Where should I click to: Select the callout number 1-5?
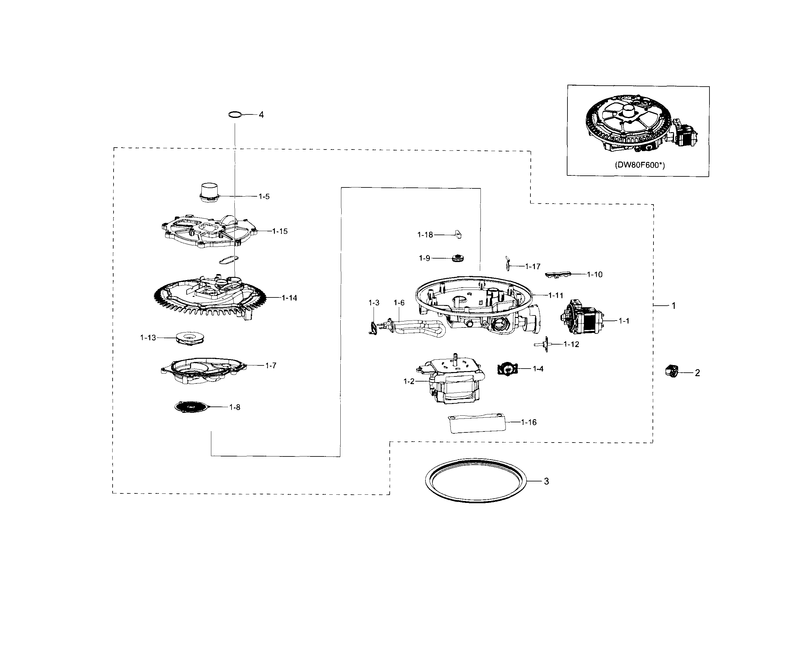[264, 196]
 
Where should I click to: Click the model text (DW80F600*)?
[640, 165]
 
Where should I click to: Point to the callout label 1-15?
[280, 231]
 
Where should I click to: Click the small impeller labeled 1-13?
[190, 339]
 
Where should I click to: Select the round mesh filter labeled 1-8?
[192, 407]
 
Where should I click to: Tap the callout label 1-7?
[271, 366]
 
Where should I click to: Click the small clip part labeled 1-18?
[458, 235]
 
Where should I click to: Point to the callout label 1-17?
[533, 266]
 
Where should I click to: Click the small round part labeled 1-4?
[508, 369]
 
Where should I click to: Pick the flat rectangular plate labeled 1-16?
[477, 424]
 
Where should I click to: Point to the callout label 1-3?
[374, 303]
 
